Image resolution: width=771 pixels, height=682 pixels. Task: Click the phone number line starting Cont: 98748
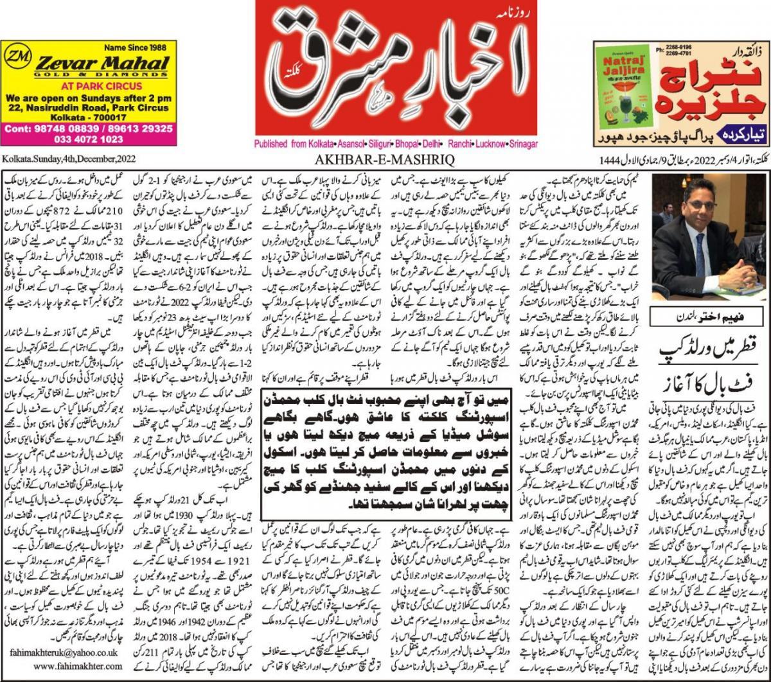(x=87, y=128)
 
